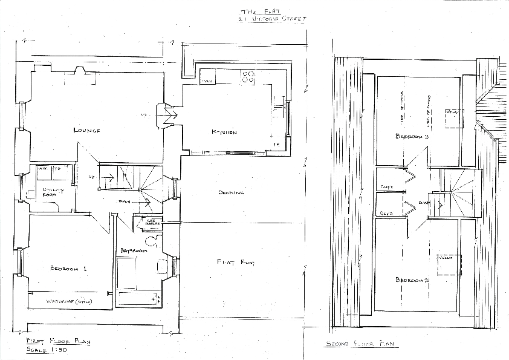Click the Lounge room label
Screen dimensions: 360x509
click(86, 130)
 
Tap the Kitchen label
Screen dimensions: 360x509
click(224, 132)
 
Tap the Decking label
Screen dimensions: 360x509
click(231, 193)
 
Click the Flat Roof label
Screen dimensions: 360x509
click(235, 262)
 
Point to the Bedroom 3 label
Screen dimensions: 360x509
click(412, 137)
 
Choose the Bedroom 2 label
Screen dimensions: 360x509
click(412, 280)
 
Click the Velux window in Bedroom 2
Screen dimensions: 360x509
click(446, 258)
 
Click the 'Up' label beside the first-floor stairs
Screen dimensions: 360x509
click(91, 177)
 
